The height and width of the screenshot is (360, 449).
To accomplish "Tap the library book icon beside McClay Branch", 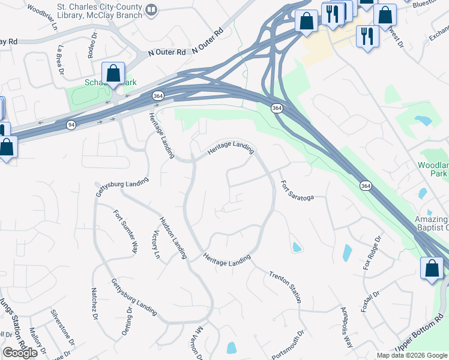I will pos(152,10).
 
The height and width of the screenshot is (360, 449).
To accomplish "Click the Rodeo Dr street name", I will pos(91,49).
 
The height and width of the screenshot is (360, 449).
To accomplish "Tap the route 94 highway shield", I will pos(71,124).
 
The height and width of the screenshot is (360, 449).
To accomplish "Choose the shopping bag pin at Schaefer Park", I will pos(113,75).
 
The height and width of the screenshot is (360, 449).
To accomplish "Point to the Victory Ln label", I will pos(157,245).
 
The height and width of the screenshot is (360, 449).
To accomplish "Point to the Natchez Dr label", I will pos(94,305).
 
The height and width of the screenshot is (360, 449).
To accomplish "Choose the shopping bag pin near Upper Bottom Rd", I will pos(432,269).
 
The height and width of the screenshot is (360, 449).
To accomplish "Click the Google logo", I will pos(20,353).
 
